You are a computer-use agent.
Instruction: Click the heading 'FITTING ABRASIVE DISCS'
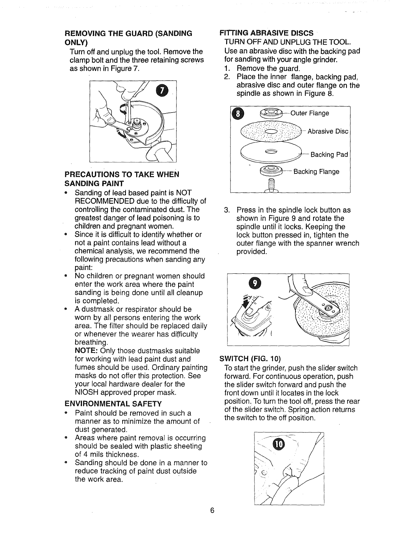[266, 33]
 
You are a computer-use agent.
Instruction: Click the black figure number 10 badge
[278, 444]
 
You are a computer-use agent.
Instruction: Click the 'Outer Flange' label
[309, 113]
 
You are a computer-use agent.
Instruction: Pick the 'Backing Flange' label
[316, 172]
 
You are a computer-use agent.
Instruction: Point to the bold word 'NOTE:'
[86, 351]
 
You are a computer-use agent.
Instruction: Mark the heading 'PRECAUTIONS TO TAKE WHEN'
[121, 175]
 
